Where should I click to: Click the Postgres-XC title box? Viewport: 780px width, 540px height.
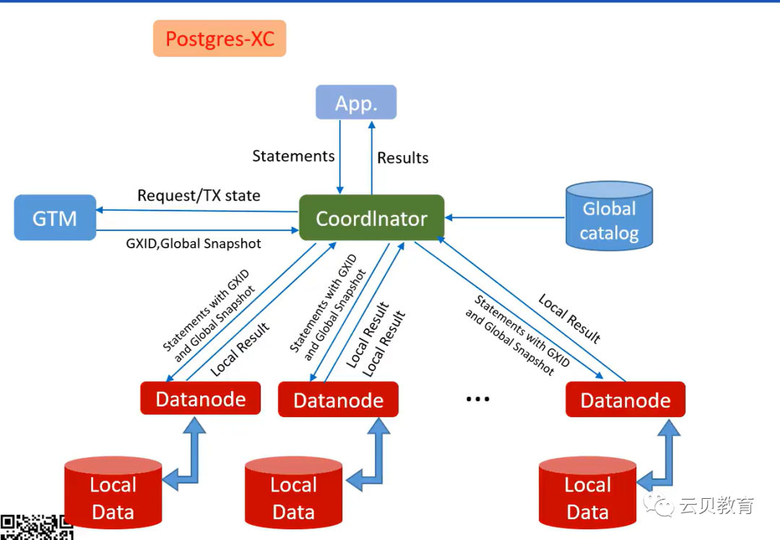click(220, 38)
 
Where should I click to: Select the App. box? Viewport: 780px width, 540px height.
click(356, 103)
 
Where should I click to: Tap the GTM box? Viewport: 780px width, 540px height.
click(55, 217)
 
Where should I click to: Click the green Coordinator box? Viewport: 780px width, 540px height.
click(371, 218)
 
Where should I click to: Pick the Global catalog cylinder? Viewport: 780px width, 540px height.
click(609, 216)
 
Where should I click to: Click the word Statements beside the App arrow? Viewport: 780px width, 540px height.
click(293, 156)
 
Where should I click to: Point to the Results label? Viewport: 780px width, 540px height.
click(403, 158)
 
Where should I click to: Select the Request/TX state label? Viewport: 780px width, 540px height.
click(199, 196)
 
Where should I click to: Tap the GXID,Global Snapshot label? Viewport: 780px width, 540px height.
click(194, 243)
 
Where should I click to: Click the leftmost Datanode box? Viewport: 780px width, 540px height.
click(200, 399)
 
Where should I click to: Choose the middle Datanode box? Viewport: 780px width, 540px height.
click(338, 400)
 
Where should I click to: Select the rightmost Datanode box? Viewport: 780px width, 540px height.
click(625, 400)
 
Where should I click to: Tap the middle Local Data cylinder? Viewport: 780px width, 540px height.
click(293, 497)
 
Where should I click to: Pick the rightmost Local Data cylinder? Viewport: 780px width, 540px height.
click(587, 497)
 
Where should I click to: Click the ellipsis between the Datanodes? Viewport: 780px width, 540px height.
click(477, 399)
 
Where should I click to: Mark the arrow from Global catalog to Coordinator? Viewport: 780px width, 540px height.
click(506, 217)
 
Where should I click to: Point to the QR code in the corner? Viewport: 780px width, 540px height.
click(36, 528)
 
